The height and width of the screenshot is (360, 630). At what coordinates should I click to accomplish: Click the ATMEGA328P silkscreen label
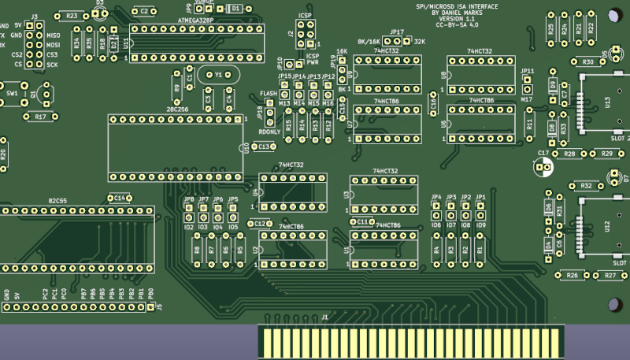coord(196,19)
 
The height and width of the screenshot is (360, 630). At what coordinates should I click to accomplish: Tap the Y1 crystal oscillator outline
coord(218,75)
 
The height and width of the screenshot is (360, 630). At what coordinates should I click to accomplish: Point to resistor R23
coord(72,15)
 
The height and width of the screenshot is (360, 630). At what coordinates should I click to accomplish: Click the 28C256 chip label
coord(177,109)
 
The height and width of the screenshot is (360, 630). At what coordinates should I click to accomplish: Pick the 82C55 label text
coord(57,200)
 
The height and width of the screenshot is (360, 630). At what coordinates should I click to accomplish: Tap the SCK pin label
coord(52,65)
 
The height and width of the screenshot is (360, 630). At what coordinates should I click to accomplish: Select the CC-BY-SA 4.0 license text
coord(457,25)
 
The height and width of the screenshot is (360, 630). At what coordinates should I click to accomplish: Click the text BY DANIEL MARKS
coord(457,13)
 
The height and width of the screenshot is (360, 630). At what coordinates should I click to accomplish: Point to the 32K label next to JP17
coord(419,41)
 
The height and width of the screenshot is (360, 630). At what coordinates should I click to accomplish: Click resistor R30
coord(587,61)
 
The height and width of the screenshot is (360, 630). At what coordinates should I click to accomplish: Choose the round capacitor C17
coord(543,165)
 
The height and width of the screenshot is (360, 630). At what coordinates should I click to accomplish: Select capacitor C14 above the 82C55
coord(119,198)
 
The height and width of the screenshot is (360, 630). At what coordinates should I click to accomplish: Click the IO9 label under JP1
coord(480,225)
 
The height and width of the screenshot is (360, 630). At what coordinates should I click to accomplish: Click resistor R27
coord(610,276)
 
